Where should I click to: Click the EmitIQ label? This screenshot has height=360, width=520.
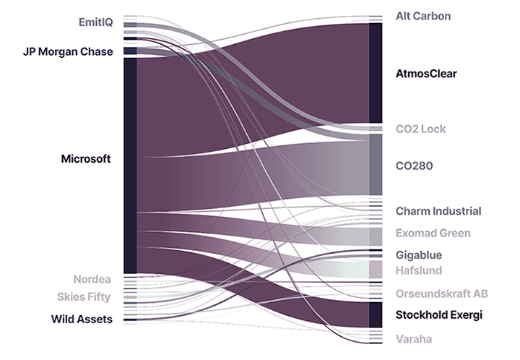click(95, 22)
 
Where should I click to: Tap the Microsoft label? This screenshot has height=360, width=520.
click(85, 159)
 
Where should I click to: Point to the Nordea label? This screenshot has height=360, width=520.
click(92, 279)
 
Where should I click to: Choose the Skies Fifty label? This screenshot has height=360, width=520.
click(84, 297)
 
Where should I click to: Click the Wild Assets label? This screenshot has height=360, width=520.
click(82, 319)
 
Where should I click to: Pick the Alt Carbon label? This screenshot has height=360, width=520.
click(423, 16)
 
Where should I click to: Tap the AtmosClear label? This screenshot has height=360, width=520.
click(426, 74)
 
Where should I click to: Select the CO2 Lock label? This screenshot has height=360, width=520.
click(421, 129)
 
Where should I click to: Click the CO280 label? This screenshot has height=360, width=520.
click(414, 166)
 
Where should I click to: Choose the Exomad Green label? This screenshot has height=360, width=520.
click(433, 233)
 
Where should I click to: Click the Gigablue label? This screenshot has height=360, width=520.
click(419, 255)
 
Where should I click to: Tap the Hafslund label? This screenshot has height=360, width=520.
click(419, 270)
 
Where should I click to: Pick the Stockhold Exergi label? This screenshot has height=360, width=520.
click(439, 315)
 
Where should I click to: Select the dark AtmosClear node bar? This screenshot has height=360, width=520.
click(376, 72)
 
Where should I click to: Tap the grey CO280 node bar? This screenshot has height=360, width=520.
click(376, 165)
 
